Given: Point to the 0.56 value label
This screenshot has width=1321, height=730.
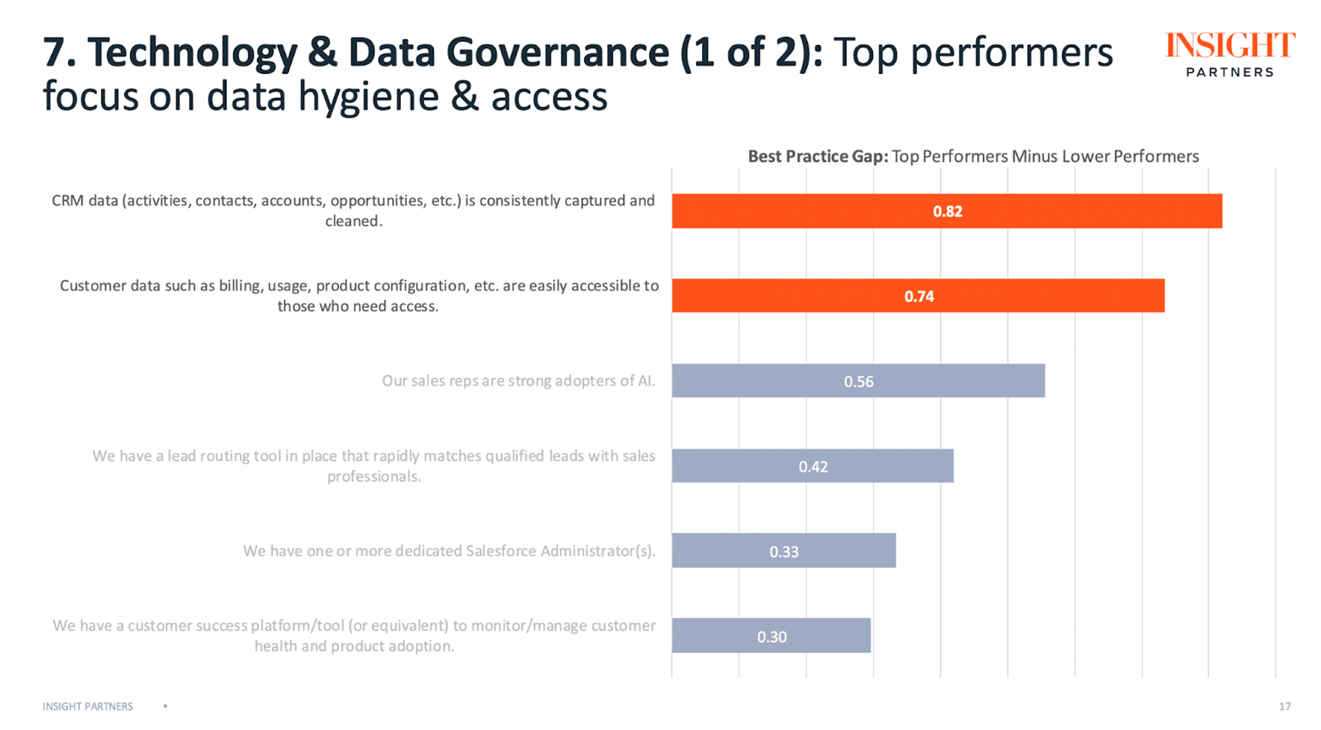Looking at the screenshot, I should [859, 382].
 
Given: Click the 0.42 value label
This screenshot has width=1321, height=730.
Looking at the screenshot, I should [813, 467].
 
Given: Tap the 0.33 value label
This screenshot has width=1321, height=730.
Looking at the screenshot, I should [784, 552].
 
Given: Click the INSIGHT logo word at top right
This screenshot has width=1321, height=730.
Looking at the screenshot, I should [1230, 46].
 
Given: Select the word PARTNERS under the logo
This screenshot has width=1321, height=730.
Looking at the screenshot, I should [1230, 72].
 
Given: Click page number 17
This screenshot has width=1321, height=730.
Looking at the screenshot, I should [1285, 706].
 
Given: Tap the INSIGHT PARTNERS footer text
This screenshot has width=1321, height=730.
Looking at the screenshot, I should [88, 706].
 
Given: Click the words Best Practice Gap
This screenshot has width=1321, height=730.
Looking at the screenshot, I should [818, 157].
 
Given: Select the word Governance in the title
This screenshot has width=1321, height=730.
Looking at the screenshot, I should [558, 53].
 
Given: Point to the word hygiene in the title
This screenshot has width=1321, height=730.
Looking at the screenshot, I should [369, 97].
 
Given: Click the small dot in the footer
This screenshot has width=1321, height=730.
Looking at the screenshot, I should [165, 706].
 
